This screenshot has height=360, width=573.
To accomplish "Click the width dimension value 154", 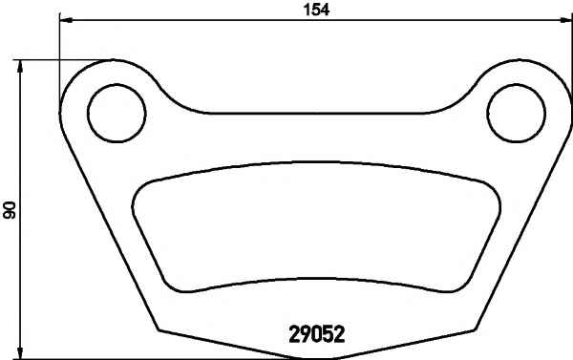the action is (x=316, y=10).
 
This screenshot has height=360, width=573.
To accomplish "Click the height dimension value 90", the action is (x=10, y=209).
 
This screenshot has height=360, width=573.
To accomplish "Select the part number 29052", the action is (x=317, y=334).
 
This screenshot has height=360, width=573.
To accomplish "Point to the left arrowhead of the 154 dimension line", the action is (x=66, y=20).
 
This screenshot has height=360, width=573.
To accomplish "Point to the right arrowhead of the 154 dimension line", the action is (x=564, y=20).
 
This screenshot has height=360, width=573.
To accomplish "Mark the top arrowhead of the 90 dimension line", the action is (x=20, y=67).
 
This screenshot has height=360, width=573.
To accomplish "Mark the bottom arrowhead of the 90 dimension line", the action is (x=20, y=351).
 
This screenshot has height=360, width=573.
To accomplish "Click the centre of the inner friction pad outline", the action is (x=316, y=226).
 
